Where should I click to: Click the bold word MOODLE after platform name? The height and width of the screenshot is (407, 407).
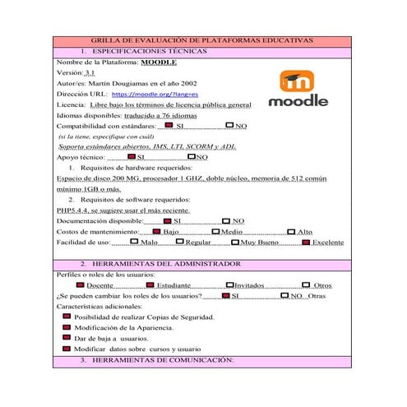coord(159,61)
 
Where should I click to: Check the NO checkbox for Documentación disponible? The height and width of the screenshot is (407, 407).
coord(226,220)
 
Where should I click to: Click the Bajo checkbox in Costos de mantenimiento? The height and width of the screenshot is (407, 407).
coord(156,231)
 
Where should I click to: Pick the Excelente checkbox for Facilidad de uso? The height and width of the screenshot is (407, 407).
coord(305,242)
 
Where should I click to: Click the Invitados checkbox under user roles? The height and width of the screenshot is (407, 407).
coord(228,284)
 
